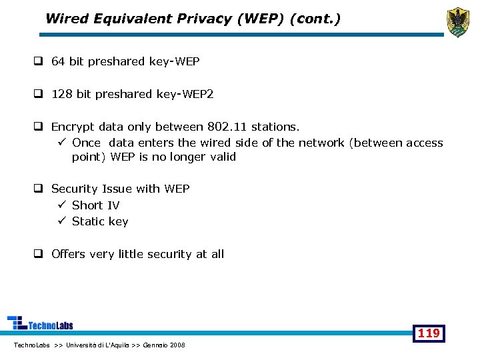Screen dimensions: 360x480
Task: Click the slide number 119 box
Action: (x=429, y=333)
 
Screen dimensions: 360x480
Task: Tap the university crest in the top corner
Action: (x=457, y=22)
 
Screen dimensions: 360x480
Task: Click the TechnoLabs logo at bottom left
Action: (x=40, y=323)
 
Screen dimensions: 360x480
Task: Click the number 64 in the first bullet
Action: (x=58, y=61)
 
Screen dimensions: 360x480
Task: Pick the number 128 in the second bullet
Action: (x=62, y=94)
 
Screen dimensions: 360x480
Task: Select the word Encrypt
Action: (x=73, y=126)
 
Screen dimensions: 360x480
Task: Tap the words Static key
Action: (x=100, y=221)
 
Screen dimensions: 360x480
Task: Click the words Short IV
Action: (x=95, y=205)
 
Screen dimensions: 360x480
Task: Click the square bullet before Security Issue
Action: (x=39, y=189)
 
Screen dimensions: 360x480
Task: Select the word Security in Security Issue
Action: (x=75, y=189)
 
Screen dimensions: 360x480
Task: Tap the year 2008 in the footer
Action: (x=178, y=345)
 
